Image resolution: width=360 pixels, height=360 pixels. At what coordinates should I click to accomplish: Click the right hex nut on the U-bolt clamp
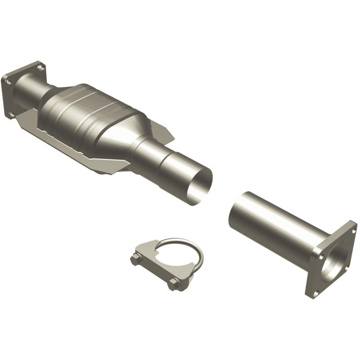pos(174,283)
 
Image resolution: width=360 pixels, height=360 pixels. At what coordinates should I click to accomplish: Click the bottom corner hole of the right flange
pos(315,293)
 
